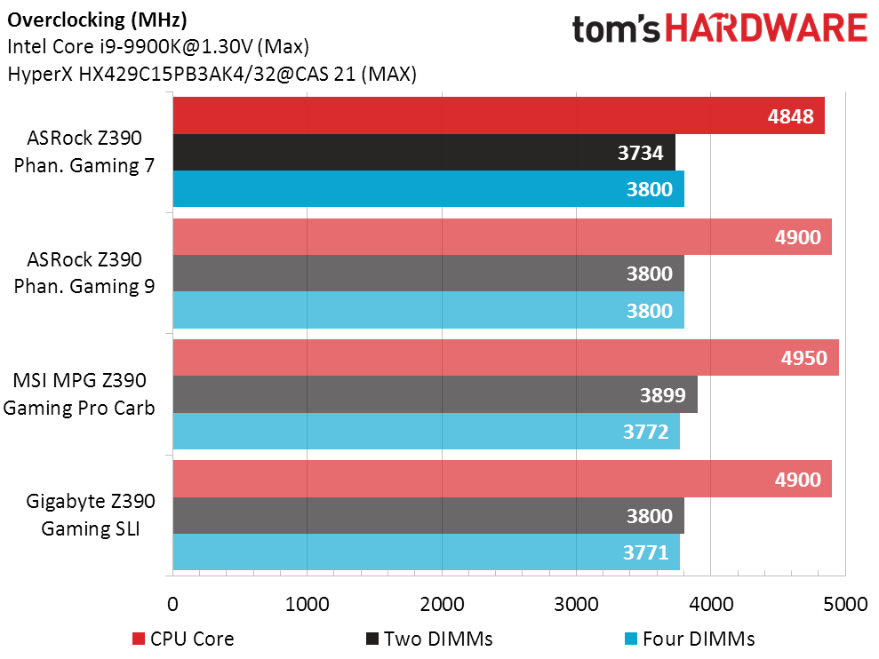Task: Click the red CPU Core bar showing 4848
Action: (498, 116)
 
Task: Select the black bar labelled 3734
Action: (424, 153)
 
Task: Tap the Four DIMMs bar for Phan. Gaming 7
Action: (428, 189)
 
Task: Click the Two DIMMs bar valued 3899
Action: (435, 394)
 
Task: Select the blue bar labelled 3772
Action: (426, 431)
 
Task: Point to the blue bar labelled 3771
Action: (426, 552)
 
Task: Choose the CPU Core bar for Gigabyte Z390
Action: (502, 480)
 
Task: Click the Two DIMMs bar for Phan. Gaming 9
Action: (428, 274)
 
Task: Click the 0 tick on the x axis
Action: (172, 605)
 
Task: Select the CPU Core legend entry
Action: (183, 639)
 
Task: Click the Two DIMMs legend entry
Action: (428, 639)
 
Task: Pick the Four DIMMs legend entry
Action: (689, 639)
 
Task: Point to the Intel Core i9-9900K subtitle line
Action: (158, 47)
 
